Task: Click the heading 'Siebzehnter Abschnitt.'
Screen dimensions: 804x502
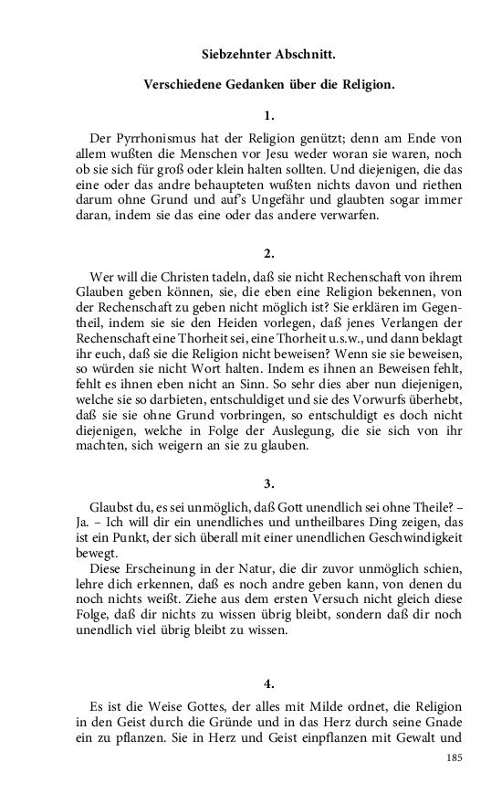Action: pos(268,54)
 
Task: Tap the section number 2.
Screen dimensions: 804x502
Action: pos(268,253)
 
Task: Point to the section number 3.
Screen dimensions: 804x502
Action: pos(268,483)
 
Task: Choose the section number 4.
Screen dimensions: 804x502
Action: pos(268,683)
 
